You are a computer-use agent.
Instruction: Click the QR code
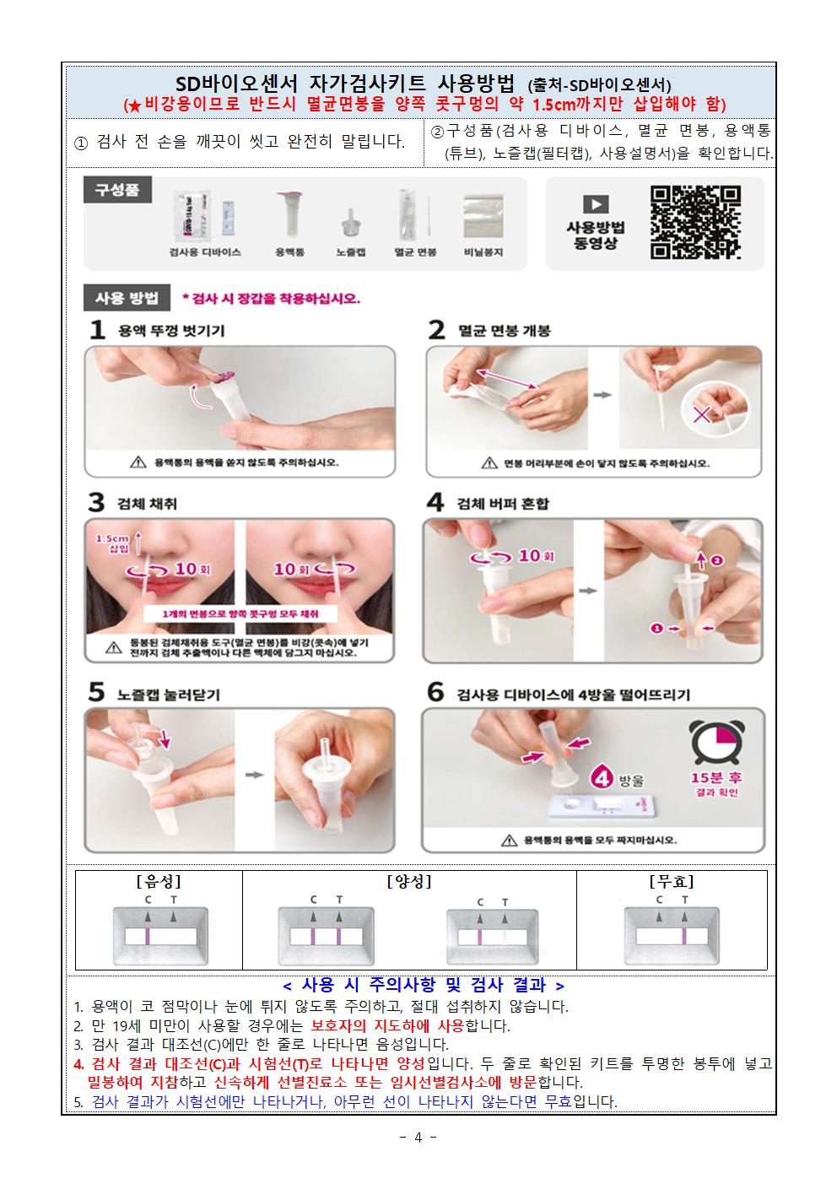point(695,223)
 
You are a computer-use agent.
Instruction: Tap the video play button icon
point(596,204)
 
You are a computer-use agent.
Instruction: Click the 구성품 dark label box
point(117,190)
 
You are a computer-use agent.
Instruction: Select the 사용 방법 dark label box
point(127,298)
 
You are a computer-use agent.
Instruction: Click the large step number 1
point(98,330)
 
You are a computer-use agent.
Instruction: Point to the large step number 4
point(435,503)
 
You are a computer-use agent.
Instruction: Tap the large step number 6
point(435,693)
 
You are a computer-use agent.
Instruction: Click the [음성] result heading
point(159,882)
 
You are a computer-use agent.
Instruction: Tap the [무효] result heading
point(671,882)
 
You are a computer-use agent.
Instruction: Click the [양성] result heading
point(409,882)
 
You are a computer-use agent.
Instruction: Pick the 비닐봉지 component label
point(483,252)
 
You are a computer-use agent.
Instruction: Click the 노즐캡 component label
point(350,252)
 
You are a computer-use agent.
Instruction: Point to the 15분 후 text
point(716,777)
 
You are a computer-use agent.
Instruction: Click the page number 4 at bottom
point(418,1137)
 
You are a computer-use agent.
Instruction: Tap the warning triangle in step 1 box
point(138,462)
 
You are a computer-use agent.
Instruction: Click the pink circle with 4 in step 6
point(602,776)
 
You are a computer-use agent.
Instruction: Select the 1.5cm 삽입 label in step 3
point(111,543)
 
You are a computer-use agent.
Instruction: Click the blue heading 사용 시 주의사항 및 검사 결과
point(423,985)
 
